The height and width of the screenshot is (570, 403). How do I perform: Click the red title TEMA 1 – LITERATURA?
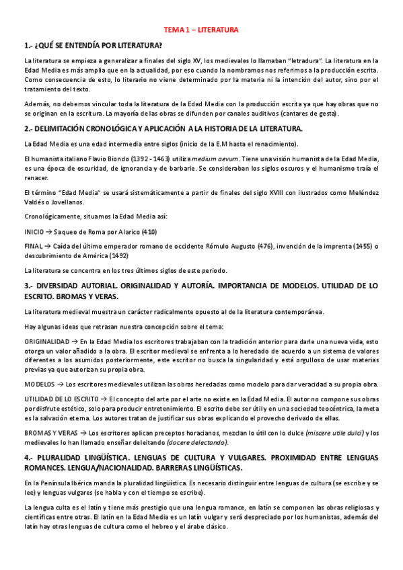[x=202, y=30]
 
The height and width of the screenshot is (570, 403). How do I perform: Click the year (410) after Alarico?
[x=149, y=231]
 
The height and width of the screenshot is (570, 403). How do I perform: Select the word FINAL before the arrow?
[x=32, y=247]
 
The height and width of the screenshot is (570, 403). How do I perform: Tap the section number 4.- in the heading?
[x=28, y=457]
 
